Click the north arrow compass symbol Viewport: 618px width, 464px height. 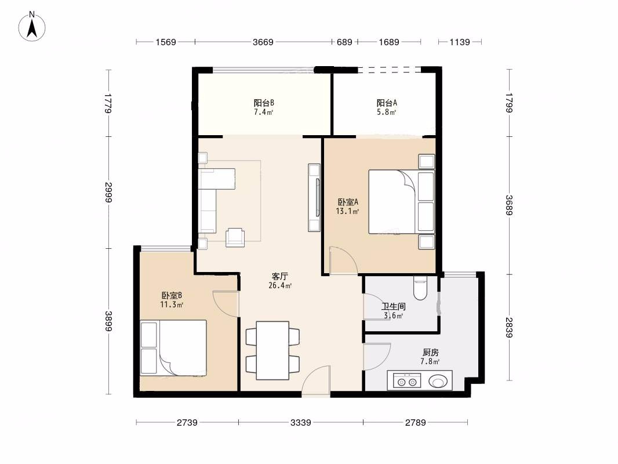[x=32, y=27]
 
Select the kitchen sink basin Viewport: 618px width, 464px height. [x=438, y=381]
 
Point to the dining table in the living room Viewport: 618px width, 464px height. [x=272, y=350]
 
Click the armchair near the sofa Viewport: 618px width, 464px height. [x=235, y=237]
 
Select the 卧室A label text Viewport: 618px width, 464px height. [x=348, y=202]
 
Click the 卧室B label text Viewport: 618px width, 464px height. [x=172, y=295]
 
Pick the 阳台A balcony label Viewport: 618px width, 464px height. [x=386, y=103]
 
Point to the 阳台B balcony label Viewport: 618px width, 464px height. [x=264, y=103]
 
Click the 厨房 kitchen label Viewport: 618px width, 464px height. [x=430, y=353]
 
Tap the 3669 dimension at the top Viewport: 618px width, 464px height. [x=263, y=42]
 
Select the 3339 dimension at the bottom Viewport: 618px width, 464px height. [x=301, y=423]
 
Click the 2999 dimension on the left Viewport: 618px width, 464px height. [x=108, y=193]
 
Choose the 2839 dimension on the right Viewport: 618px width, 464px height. [x=509, y=327]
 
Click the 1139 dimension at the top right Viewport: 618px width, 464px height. [x=460, y=42]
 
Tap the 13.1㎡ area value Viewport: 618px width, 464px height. [x=347, y=211]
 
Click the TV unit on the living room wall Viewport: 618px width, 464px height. [x=314, y=198]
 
